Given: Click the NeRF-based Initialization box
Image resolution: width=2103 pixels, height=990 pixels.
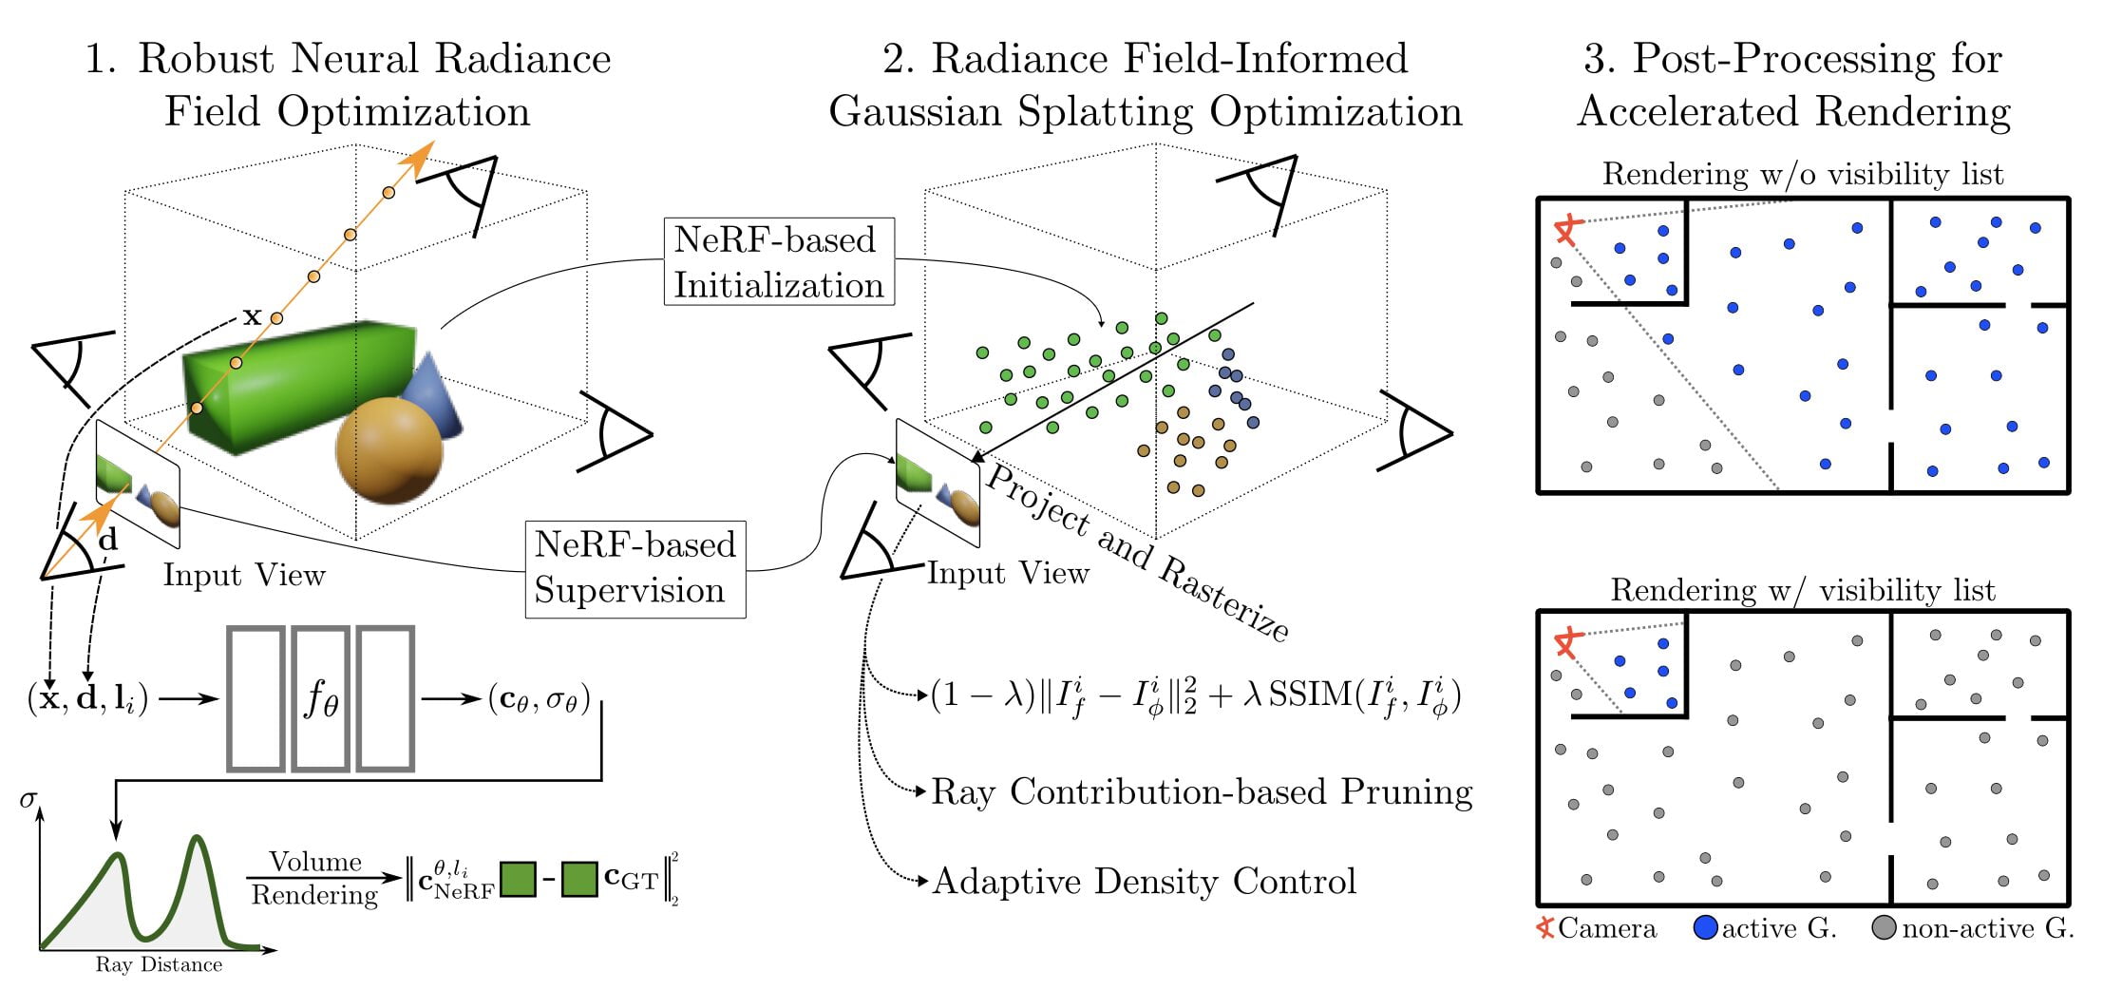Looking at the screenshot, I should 779,262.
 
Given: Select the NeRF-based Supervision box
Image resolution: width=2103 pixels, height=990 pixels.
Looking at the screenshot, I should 635,567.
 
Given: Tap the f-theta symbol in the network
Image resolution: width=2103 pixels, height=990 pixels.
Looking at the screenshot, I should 321,699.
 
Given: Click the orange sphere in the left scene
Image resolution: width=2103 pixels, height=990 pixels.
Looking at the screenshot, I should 388,450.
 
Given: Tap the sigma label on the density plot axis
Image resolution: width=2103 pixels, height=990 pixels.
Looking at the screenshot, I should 28,799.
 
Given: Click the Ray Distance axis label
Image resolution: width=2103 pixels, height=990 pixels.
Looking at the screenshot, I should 159,964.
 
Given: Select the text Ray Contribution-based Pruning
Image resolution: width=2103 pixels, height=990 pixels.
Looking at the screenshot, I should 1202,791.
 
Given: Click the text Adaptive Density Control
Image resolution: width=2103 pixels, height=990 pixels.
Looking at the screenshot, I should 1144,881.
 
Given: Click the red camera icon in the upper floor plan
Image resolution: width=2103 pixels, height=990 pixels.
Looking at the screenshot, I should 1567,228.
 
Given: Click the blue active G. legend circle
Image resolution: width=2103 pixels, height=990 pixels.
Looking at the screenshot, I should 1705,927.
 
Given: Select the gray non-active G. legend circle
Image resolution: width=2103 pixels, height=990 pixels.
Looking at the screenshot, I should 1884,927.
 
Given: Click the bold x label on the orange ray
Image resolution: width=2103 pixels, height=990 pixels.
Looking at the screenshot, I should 252,315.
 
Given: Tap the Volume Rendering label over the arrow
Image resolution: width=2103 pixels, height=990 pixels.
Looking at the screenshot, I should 314,878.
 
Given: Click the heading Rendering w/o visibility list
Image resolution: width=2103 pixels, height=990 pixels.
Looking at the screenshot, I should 1802,174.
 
